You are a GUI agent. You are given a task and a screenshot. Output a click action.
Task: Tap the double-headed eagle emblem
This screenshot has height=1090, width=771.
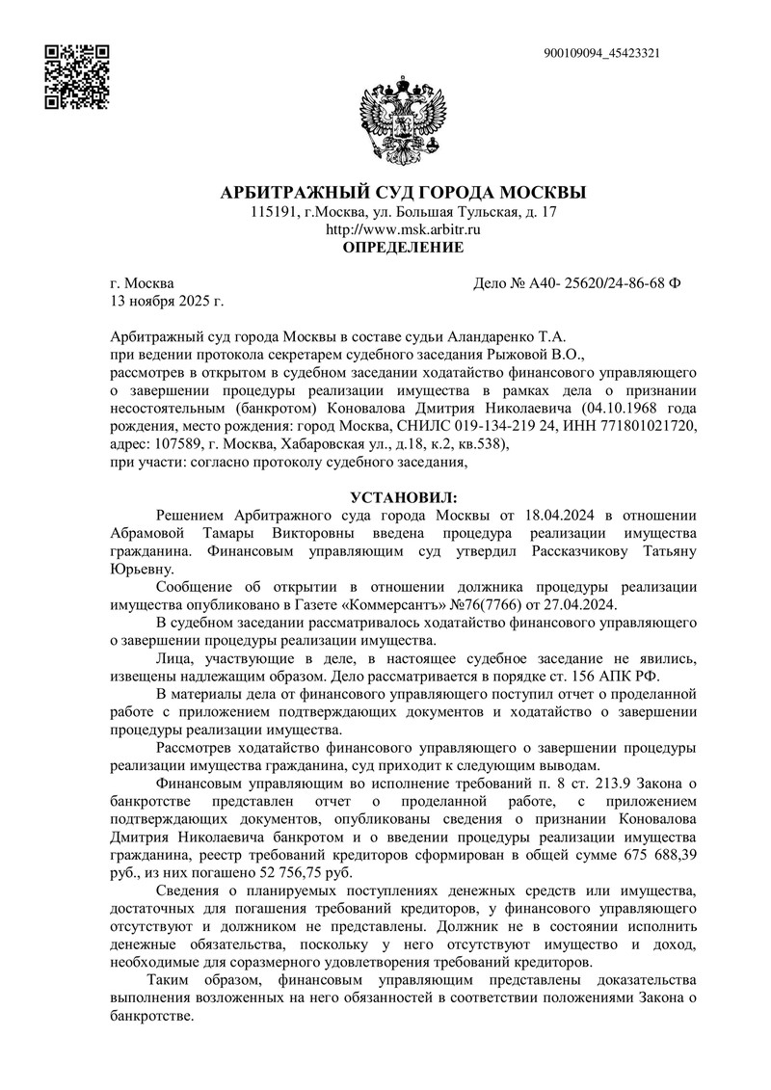click(x=403, y=120)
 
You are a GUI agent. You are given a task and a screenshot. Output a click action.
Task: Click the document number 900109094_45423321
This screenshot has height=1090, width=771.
click(x=601, y=53)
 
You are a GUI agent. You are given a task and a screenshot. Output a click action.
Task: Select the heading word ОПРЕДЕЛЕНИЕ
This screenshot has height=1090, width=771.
click(x=404, y=248)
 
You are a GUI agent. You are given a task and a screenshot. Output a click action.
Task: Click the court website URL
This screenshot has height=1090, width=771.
click(x=403, y=229)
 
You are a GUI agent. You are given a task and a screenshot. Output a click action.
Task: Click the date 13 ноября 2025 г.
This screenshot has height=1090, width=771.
click(x=167, y=302)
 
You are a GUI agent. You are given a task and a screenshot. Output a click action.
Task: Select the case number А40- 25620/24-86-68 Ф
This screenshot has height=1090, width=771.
click(x=577, y=283)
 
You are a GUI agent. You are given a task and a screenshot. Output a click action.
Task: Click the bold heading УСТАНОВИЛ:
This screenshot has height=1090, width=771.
click(x=404, y=497)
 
